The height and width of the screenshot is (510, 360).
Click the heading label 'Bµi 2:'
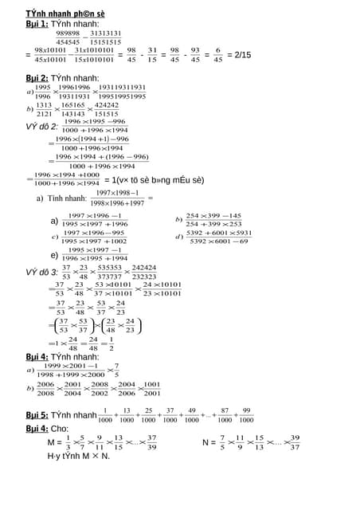click(x=37, y=77)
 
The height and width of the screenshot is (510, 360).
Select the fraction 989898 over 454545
click(x=68, y=37)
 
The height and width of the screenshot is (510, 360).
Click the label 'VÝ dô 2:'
click(x=41, y=126)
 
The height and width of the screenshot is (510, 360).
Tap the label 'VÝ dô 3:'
click(x=41, y=272)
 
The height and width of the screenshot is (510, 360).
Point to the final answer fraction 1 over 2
click(x=111, y=343)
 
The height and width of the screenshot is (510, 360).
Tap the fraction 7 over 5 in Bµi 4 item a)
click(x=116, y=371)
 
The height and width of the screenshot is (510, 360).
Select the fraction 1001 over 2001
click(x=152, y=388)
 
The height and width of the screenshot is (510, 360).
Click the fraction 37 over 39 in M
click(x=151, y=442)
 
